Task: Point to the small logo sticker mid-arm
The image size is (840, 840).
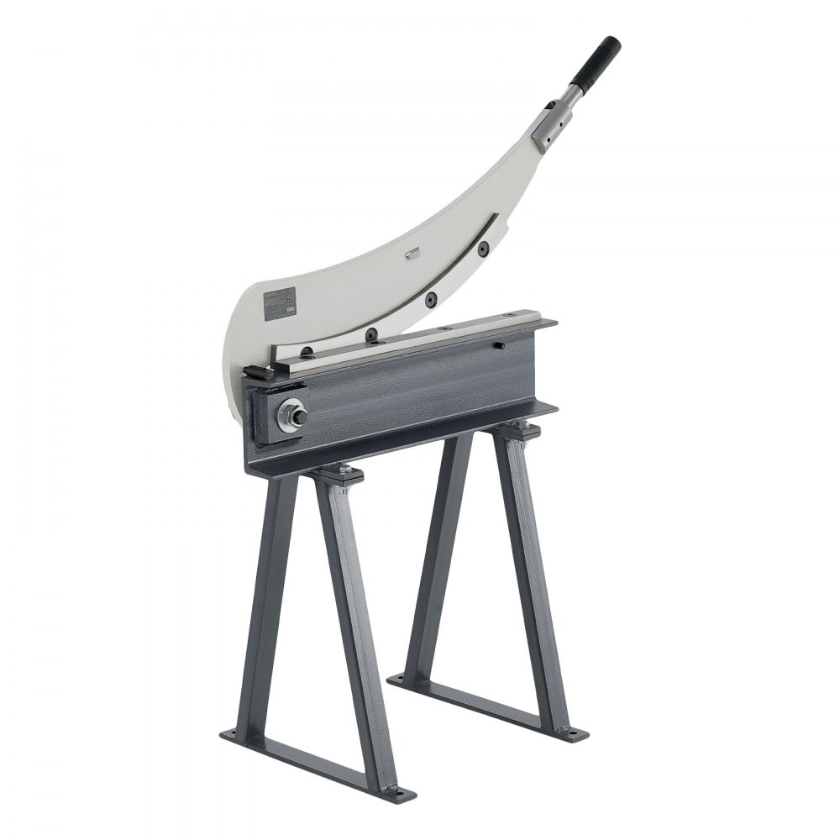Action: point(412,255)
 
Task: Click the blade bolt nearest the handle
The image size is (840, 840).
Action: point(483,249)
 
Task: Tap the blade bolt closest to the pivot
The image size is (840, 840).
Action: point(307,353)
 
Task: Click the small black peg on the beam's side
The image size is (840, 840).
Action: point(499,345)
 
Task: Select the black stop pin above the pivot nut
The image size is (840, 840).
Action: point(254,374)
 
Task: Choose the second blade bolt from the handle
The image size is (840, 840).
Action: point(430,299)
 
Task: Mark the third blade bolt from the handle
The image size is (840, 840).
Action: point(370,335)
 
